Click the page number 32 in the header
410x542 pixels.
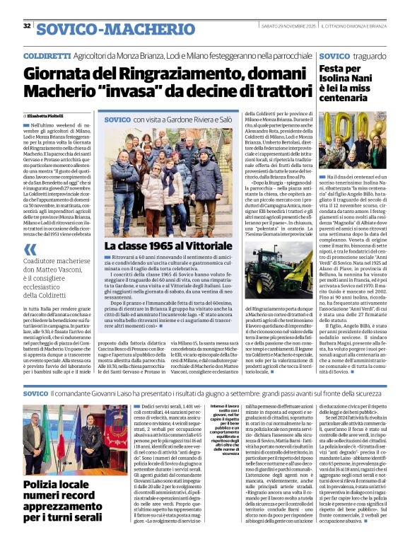click(27, 26)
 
